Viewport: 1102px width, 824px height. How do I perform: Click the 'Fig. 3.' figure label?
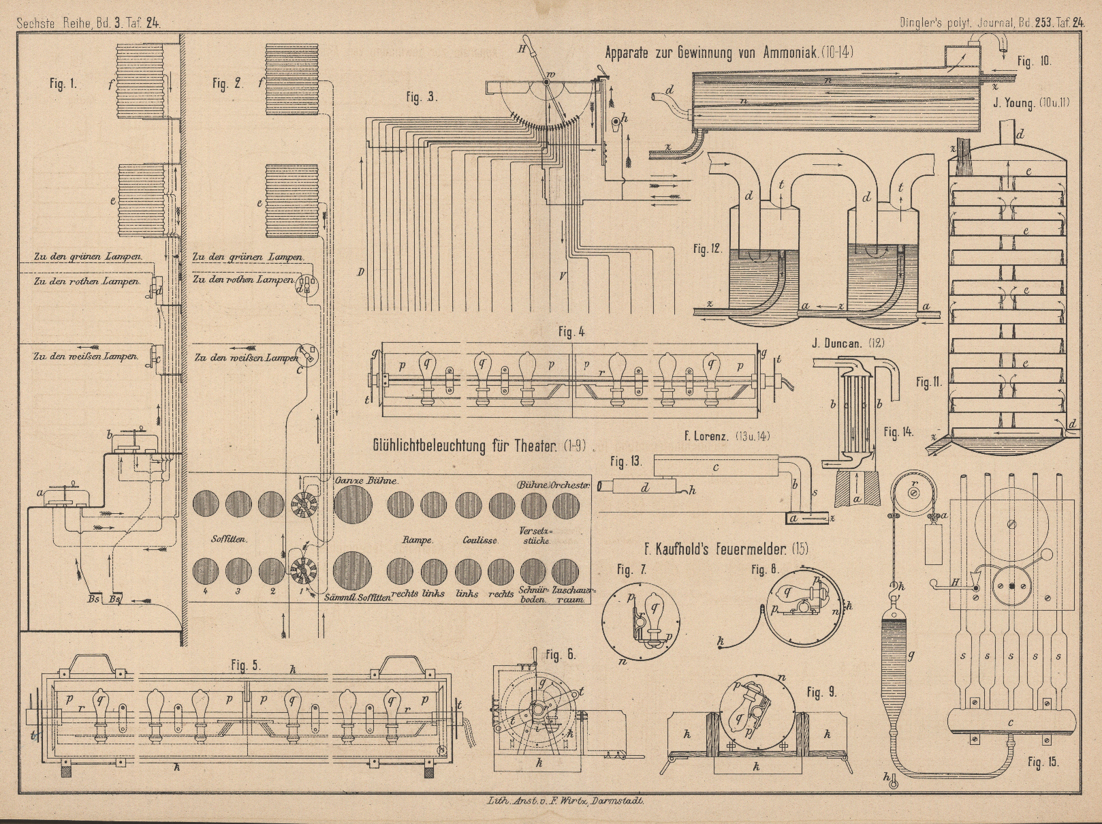pyautogui.click(x=422, y=97)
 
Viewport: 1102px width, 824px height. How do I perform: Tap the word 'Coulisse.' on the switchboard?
pyautogui.click(x=480, y=540)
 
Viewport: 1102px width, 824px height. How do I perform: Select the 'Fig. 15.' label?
pyautogui.click(x=1043, y=761)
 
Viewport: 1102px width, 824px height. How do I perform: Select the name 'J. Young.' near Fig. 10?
pyautogui.click(x=1012, y=103)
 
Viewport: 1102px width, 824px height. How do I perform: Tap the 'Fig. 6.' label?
pyautogui.click(x=561, y=655)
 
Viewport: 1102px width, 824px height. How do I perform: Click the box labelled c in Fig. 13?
pyautogui.click(x=715, y=467)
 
